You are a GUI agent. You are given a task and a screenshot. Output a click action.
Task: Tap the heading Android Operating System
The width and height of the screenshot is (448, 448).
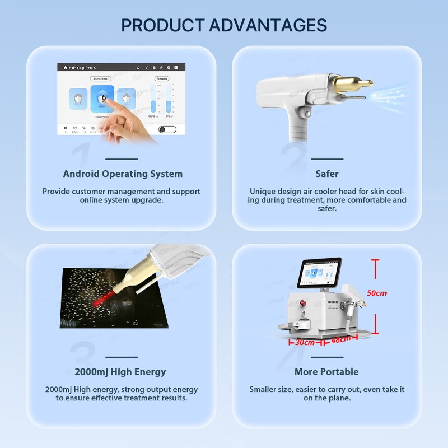(123, 174)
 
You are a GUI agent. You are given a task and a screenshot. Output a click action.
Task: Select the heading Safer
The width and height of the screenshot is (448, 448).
(326, 174)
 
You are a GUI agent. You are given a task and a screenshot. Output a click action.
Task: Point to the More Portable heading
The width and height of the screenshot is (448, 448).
(326, 371)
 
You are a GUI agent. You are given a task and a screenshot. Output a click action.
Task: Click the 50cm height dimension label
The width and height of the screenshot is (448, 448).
(377, 293)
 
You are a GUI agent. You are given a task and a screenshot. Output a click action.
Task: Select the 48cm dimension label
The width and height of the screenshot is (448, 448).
(341, 339)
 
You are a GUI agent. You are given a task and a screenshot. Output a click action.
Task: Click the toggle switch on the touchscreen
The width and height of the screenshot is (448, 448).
(167, 129)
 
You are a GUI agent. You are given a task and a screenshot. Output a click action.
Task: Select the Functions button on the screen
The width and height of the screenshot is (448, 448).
(101, 79)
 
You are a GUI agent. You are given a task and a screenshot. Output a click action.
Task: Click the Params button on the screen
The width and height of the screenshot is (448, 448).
(161, 79)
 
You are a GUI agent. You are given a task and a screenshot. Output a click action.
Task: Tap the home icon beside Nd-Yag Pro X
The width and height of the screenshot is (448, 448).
(65, 67)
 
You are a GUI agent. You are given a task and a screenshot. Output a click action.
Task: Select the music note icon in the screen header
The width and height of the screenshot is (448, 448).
(138, 67)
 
